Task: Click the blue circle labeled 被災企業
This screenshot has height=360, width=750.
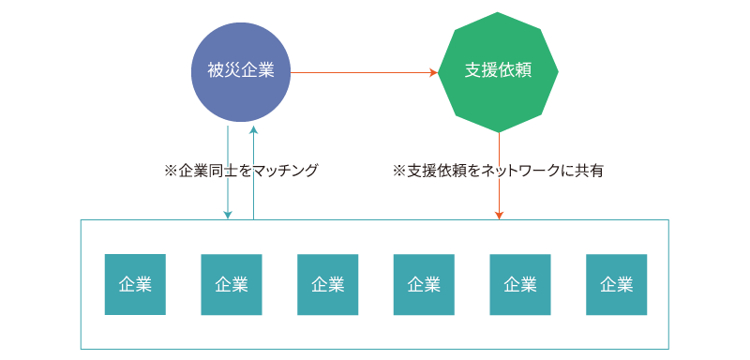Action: click(240, 71)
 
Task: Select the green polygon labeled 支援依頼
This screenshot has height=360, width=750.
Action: click(498, 71)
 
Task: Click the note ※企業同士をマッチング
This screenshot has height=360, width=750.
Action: click(241, 171)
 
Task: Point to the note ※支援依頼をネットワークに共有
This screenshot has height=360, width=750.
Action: click(498, 171)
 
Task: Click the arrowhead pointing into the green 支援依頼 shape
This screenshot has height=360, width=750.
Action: click(433, 72)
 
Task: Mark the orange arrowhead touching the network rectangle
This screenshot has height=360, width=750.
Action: click(499, 215)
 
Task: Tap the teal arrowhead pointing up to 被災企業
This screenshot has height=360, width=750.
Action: click(253, 129)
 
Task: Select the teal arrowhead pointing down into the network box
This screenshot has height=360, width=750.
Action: click(228, 215)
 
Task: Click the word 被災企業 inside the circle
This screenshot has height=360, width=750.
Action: click(240, 71)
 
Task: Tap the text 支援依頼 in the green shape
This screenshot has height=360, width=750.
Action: click(498, 71)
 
